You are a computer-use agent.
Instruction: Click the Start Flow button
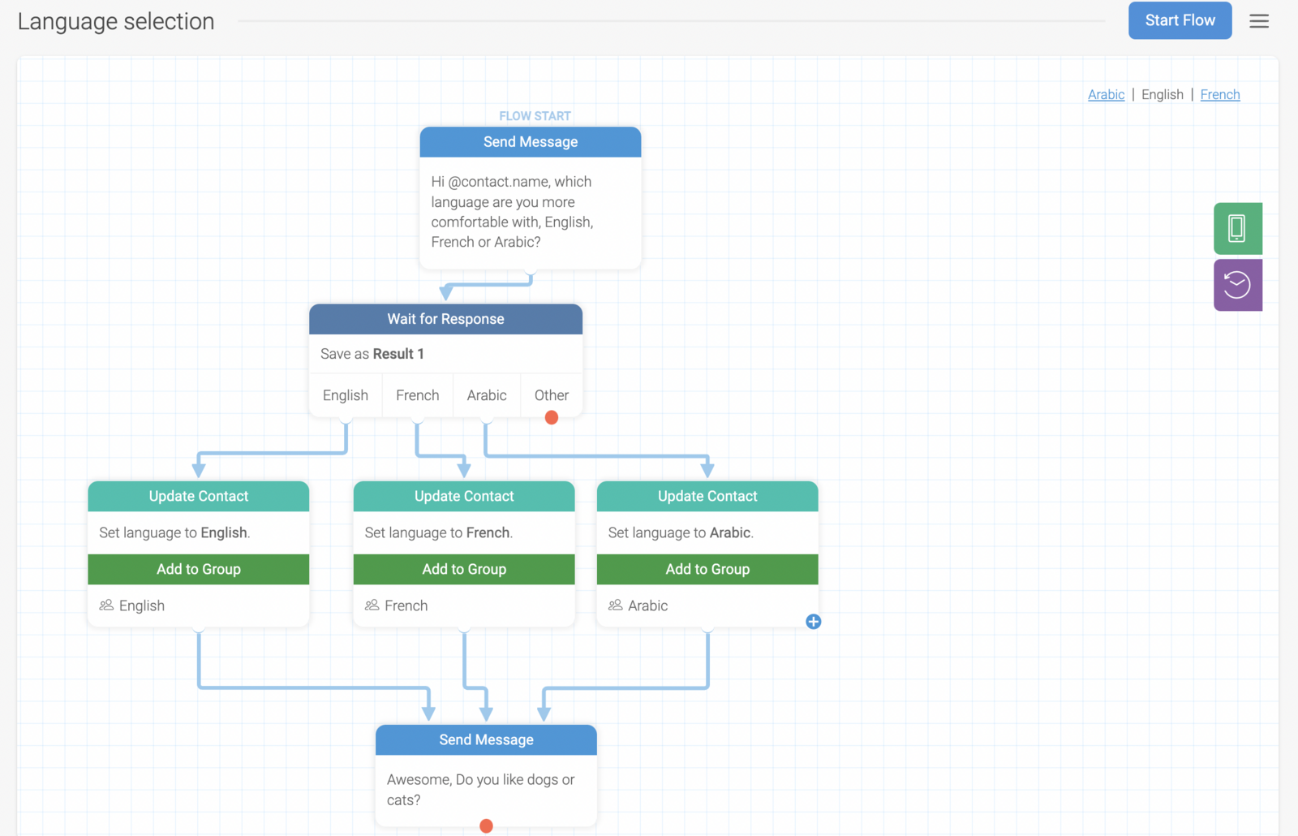[1180, 20]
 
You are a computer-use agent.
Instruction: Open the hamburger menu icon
[1258, 21]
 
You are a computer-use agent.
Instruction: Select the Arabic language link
[1106, 94]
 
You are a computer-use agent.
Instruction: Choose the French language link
[1220, 94]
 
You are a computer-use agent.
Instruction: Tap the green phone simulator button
[1238, 228]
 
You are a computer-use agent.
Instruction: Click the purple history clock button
[1238, 285]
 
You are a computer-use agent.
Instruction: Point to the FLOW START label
[535, 116]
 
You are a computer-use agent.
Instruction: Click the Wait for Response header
[445, 319]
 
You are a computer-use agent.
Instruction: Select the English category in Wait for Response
[346, 395]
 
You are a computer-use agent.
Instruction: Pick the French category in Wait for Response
[417, 395]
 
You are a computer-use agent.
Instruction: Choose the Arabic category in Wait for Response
[487, 395]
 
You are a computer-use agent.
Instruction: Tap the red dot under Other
[551, 417]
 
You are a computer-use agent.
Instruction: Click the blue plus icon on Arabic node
[813, 622]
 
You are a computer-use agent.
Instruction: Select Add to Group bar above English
[198, 569]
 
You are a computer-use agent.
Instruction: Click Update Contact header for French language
[463, 496]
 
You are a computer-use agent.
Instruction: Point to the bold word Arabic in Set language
[730, 532]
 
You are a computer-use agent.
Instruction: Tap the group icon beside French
[372, 605]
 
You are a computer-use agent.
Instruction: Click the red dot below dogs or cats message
[486, 825]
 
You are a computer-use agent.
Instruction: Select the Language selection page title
[116, 22]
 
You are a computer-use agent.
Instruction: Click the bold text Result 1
[398, 354]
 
